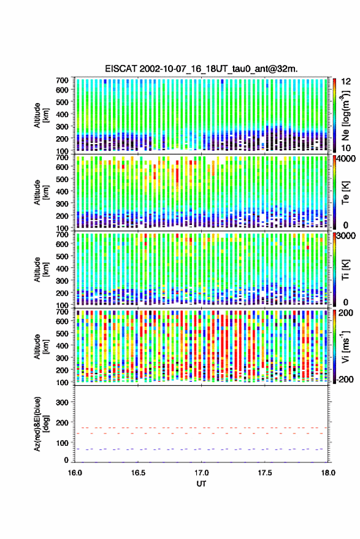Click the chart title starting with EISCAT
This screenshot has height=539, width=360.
(x=201, y=69)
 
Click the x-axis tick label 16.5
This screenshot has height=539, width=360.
(x=138, y=473)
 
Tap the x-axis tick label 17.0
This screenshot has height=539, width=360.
(x=202, y=473)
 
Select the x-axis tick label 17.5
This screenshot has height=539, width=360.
(x=265, y=473)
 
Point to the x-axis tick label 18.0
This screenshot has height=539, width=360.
(x=328, y=473)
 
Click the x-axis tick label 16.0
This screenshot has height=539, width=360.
(x=75, y=473)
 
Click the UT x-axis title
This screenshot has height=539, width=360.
(x=201, y=484)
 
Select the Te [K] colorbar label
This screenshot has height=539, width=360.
(x=345, y=193)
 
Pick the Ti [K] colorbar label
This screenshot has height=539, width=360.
(x=345, y=270)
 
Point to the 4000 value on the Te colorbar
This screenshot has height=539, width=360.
(x=345, y=159)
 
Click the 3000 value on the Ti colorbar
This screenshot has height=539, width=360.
(x=345, y=236)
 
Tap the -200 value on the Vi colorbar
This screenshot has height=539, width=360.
(x=345, y=380)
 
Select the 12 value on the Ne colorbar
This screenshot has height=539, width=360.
(x=346, y=82)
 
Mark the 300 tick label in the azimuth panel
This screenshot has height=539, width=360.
(x=62, y=402)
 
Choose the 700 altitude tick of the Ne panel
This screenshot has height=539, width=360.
(x=62, y=80)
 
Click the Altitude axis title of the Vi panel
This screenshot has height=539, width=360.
(x=42, y=346)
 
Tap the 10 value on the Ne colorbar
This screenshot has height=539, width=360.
(x=346, y=148)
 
